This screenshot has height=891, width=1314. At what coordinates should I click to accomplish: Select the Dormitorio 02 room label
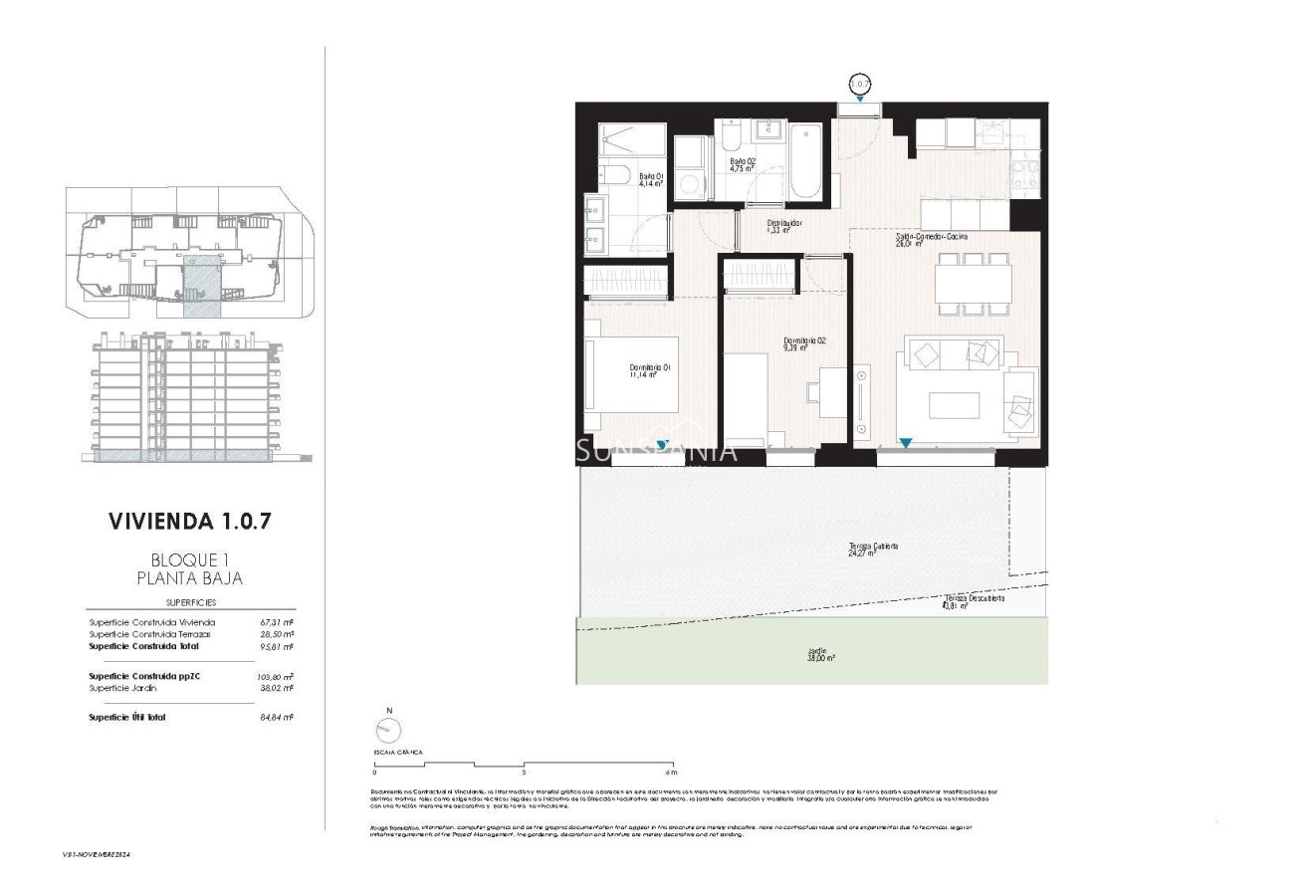[804, 343]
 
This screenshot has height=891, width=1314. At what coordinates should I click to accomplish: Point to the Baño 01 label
[651, 179]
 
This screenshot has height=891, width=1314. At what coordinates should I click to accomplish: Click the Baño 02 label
[743, 164]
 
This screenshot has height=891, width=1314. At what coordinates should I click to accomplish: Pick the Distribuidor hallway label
[783, 226]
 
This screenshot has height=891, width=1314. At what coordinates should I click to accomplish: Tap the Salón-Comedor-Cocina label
[931, 239]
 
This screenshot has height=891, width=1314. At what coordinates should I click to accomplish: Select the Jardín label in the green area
[820, 655]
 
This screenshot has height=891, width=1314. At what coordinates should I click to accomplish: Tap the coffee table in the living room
[954, 405]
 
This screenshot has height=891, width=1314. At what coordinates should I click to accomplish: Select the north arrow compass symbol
[389, 731]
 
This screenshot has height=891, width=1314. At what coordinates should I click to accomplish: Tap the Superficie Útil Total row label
[126, 717]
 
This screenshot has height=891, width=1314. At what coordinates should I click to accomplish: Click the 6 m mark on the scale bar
[671, 772]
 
